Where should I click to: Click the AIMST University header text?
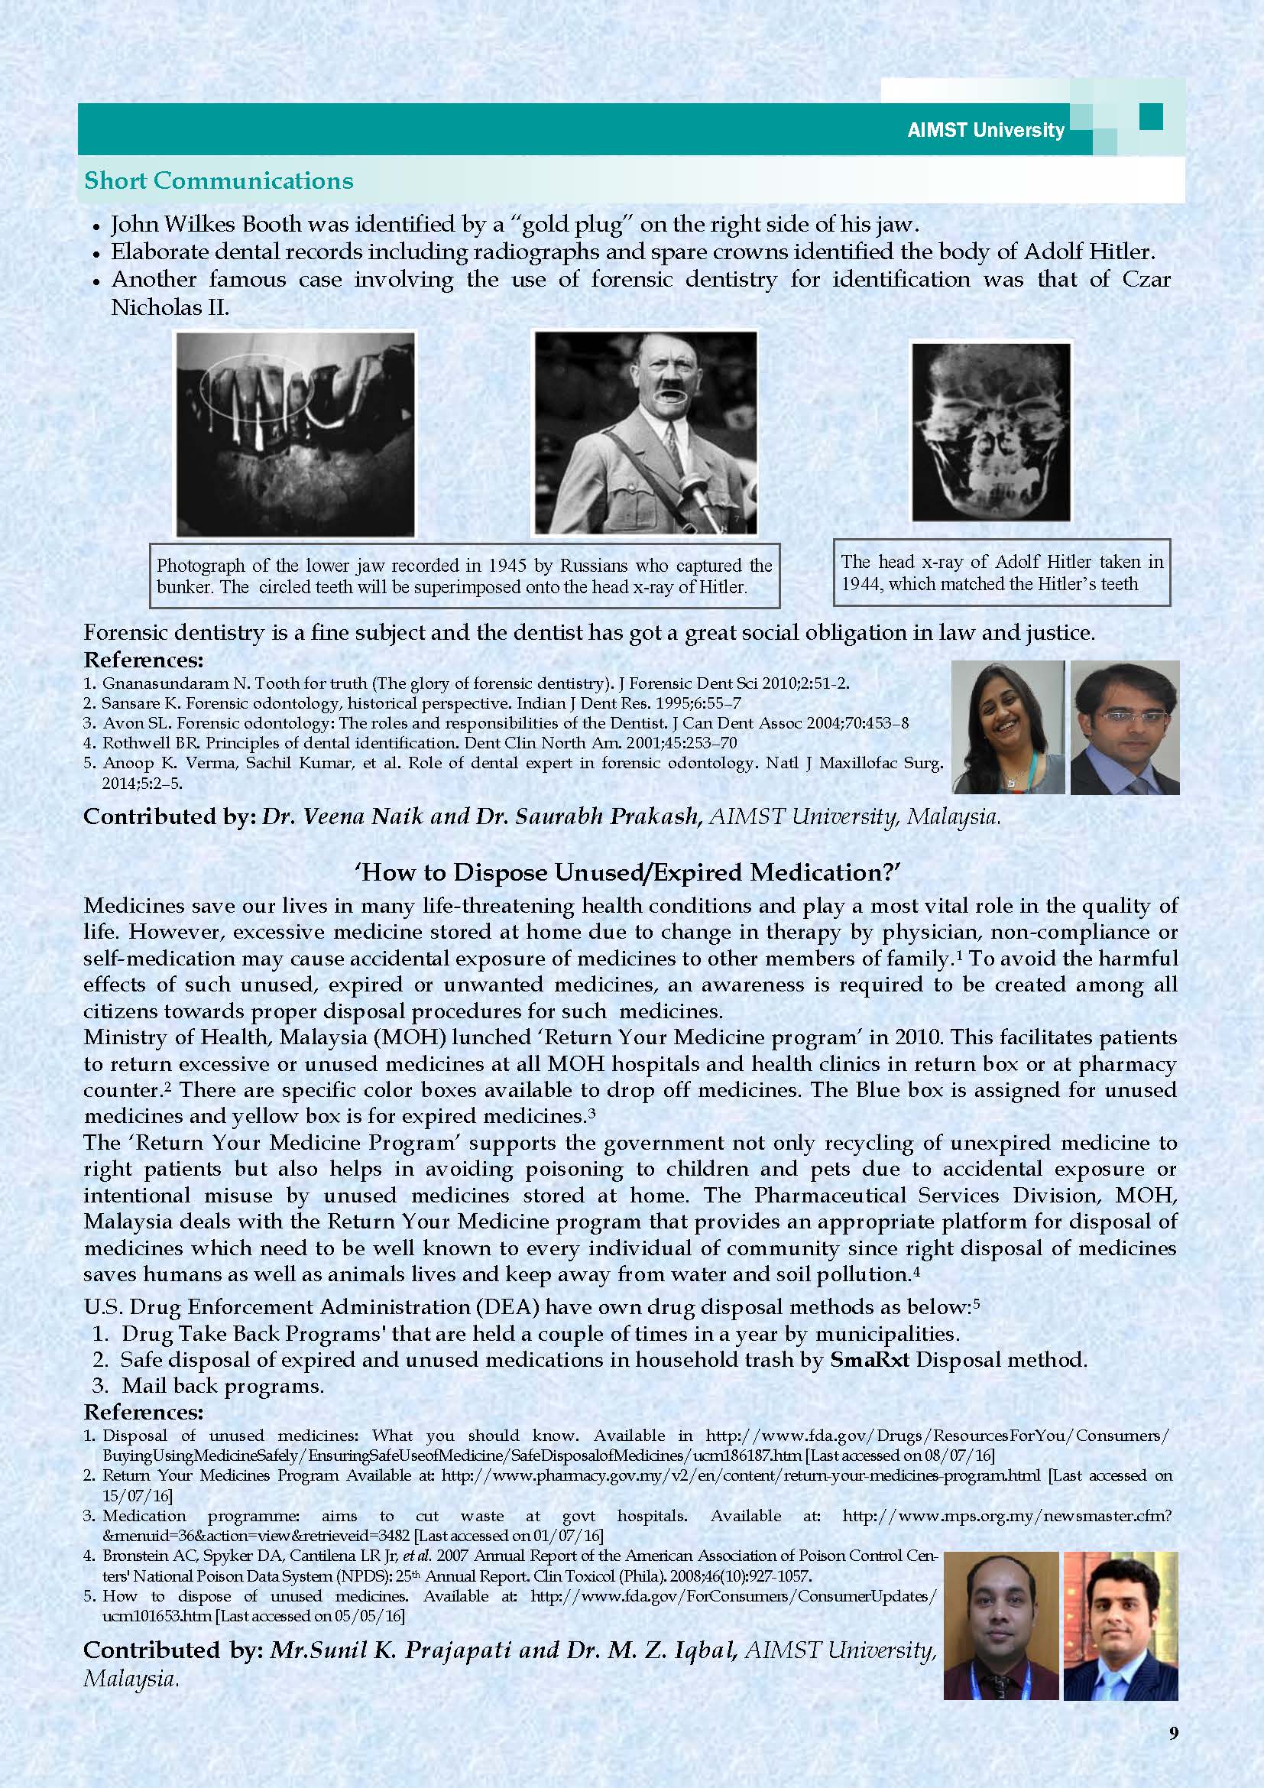click(985, 130)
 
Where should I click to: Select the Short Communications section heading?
click(219, 180)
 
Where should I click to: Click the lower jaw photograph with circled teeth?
click(296, 433)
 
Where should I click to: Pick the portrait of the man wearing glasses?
click(1125, 727)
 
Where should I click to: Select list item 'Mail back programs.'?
click(222, 1386)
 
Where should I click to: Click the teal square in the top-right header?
click(1151, 117)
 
